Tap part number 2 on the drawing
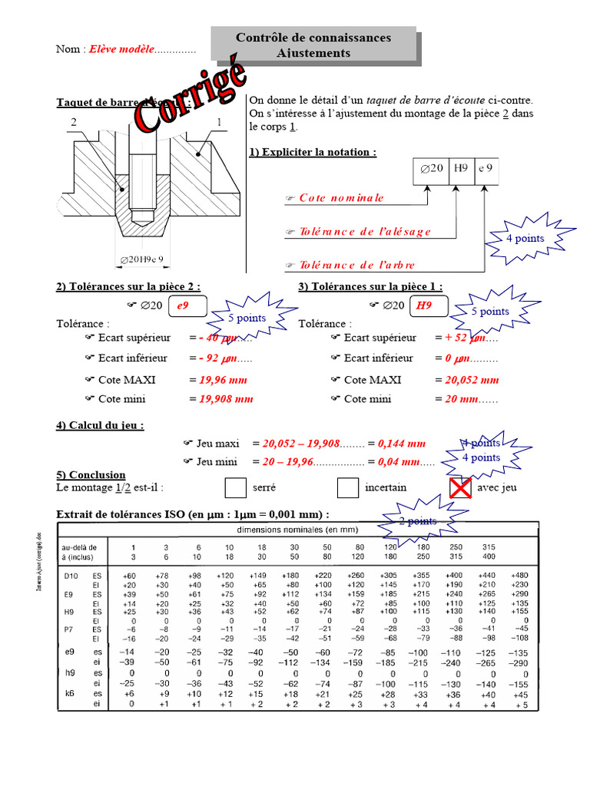click(74, 122)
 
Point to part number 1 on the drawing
click(220, 122)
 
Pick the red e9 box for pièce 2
click(183, 305)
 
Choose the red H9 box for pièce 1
click(423, 305)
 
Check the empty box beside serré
click(237, 487)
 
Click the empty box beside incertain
click(348, 487)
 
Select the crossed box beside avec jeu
click(460, 487)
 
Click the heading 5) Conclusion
click(91, 474)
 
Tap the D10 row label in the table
click(71, 575)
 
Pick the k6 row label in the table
click(68, 694)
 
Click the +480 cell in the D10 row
click(520, 575)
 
